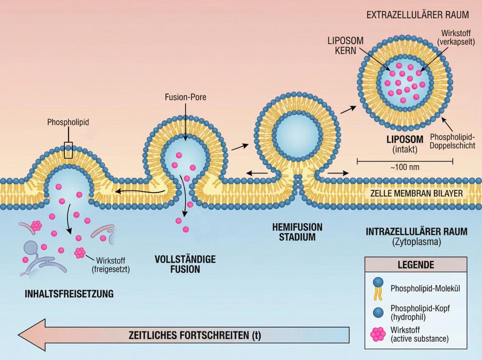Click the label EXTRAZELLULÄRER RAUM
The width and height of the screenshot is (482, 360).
pos(417,14)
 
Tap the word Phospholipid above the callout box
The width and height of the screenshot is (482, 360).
pos(68,123)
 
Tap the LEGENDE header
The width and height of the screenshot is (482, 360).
pos(415,265)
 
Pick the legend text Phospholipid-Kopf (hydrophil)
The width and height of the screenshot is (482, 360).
pos(424,312)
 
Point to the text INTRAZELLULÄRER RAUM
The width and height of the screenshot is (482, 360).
pos(416,231)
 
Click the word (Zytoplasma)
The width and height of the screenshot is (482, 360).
pos(417,242)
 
